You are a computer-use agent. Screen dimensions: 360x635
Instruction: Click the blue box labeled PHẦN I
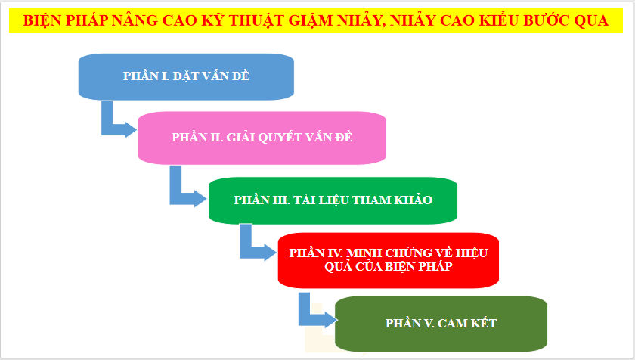pyautogui.click(x=185, y=76)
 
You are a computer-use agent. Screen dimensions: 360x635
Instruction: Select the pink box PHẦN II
pyautogui.click(x=262, y=137)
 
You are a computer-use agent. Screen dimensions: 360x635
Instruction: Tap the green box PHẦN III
pyautogui.click(x=333, y=200)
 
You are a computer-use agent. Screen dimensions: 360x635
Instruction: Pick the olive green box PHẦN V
pyautogui.click(x=441, y=323)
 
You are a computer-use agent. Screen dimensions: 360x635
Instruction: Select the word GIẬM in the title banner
pyautogui.click(x=345, y=21)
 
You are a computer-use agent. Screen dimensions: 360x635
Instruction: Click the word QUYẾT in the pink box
pyautogui.click(x=291, y=137)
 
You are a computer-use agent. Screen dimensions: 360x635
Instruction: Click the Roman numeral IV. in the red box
pyautogui.click(x=335, y=252)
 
